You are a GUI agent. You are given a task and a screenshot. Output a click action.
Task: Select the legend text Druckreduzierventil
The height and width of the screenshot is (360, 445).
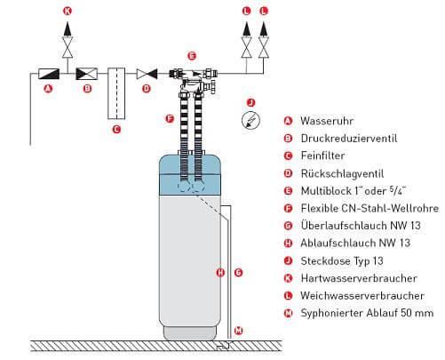coord(348,138)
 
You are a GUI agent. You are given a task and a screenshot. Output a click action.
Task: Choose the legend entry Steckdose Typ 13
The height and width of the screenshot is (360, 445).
coord(343,260)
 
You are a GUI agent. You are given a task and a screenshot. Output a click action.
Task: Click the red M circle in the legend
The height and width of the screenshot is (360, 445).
coord(287,312)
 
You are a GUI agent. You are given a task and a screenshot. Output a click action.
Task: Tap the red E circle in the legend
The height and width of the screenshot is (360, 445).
coord(287,190)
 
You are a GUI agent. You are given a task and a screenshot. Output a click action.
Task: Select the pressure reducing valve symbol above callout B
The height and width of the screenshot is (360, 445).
coord(86,74)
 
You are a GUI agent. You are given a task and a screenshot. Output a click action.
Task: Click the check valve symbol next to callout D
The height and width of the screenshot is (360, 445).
coord(147,75)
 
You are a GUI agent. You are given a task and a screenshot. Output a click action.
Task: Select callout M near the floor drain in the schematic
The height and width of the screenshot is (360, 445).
coord(236,331)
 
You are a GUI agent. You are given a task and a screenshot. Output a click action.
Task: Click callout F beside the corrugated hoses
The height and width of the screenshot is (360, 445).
coord(169,117)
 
